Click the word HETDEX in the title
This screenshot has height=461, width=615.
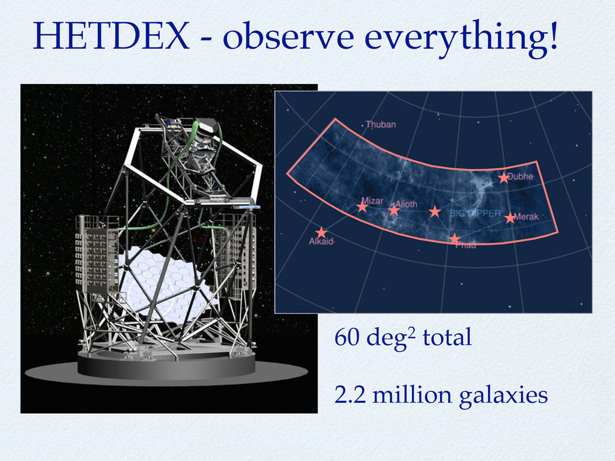[111, 35]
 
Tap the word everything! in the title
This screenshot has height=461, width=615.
[461, 38]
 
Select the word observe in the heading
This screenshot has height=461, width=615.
[289, 35]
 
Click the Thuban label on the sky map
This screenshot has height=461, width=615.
[380, 124]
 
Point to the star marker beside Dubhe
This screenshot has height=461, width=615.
[503, 178]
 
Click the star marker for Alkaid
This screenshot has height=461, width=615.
[321, 232]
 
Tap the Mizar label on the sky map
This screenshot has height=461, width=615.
[372, 200]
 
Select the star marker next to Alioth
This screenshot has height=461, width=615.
[393, 210]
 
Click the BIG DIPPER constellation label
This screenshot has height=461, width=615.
[475, 213]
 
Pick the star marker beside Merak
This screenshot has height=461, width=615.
[509, 218]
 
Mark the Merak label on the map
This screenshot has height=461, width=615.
[526, 216]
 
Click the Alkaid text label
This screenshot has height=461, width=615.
[321, 241]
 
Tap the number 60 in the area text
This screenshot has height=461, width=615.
[347, 337]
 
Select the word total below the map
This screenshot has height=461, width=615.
[447, 337]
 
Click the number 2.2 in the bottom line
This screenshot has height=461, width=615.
[350, 395]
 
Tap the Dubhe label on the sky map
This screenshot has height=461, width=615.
[520, 176]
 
